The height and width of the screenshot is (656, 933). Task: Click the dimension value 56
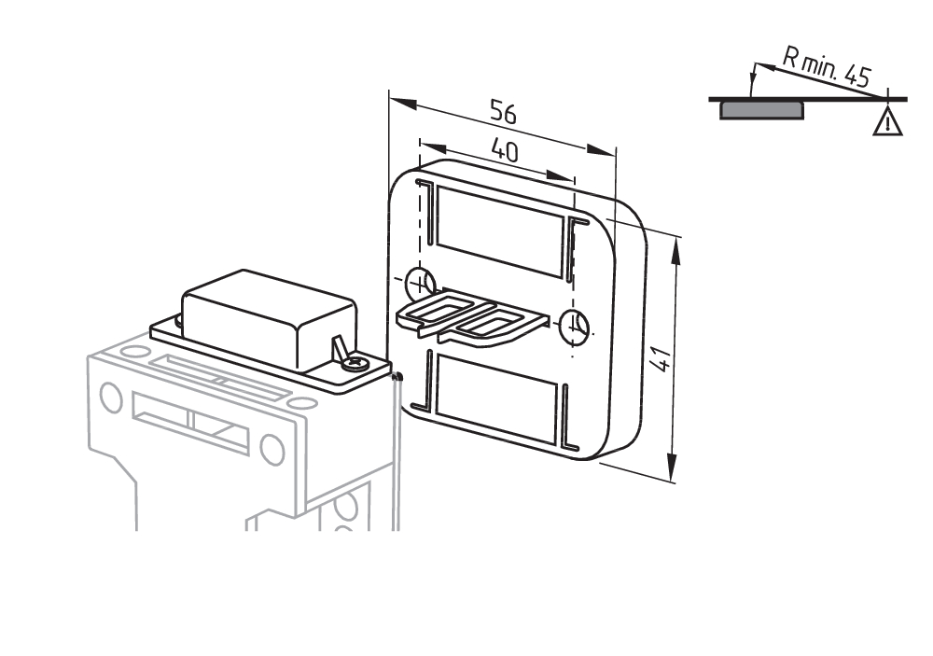503,113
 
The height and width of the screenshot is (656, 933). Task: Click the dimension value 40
504,151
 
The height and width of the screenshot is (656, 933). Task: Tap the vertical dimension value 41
661,357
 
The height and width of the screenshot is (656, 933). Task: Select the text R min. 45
827,71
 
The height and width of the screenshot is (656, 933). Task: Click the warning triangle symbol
888,121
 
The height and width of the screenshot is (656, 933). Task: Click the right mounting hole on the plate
574,326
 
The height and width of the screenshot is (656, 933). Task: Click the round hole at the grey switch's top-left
111,398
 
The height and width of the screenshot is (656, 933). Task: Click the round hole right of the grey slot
272,450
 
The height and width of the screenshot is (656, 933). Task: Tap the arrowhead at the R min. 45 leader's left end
751,69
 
